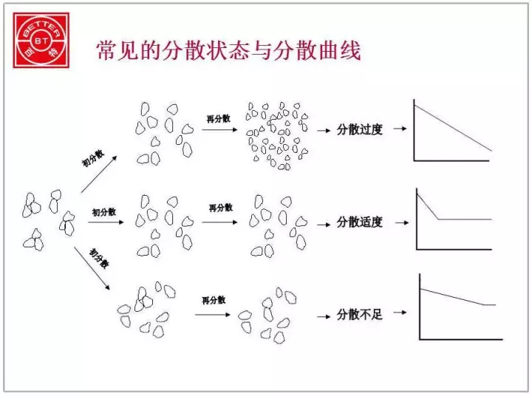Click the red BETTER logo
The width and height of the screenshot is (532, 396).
[41, 40]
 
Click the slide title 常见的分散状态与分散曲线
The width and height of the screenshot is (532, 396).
[228, 51]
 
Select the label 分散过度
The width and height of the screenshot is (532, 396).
[360, 129]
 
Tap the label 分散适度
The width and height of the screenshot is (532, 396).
[360, 222]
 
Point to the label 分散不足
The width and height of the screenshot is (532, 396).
[360, 315]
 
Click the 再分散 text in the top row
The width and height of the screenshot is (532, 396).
[219, 118]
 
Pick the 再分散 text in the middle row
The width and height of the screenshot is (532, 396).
[220, 208]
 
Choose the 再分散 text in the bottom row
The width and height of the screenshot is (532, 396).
[214, 300]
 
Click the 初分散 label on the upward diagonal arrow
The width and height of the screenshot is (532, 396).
[93, 158]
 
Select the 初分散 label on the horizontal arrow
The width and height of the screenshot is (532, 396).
[104, 213]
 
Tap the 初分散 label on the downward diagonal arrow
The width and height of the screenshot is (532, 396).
[99, 259]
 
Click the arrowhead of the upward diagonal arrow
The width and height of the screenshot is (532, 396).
[115, 158]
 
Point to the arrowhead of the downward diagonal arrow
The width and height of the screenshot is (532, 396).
[108, 287]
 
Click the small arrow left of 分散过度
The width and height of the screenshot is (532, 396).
[324, 130]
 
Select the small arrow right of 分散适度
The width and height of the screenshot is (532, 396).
[402, 223]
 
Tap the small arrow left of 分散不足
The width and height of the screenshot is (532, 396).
[324, 317]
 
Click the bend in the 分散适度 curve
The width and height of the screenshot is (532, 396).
[438, 219]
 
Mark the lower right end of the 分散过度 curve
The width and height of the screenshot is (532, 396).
[491, 150]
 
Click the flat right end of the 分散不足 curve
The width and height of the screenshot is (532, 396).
[495, 304]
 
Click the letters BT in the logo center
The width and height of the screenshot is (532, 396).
[41, 41]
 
